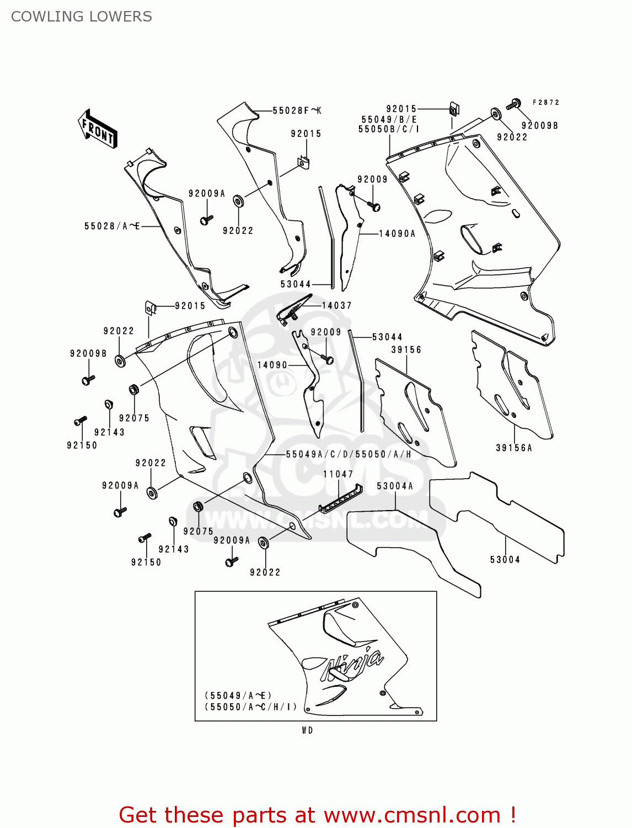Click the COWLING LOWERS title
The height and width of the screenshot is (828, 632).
point(81,17)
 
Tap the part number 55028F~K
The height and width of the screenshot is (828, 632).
point(297,111)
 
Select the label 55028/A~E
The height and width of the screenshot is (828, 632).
point(112,226)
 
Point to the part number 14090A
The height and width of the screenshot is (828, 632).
point(397,234)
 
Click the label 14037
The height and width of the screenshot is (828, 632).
point(336,306)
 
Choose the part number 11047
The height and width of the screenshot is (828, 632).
point(338,474)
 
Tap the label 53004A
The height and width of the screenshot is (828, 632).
point(395,486)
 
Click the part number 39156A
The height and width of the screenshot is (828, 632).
point(514,448)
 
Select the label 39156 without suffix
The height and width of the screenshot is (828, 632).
point(406,350)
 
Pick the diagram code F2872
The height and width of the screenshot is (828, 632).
point(546,103)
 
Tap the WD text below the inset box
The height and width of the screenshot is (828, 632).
point(308,730)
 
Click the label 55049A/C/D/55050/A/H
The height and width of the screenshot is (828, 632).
point(349,454)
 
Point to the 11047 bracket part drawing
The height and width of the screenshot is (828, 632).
point(340,500)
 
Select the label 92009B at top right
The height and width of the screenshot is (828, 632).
point(540,126)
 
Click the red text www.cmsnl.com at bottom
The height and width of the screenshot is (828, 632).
point(412,815)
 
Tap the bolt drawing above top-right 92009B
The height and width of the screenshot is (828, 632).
point(513,104)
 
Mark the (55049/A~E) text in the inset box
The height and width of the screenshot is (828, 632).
point(238,696)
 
